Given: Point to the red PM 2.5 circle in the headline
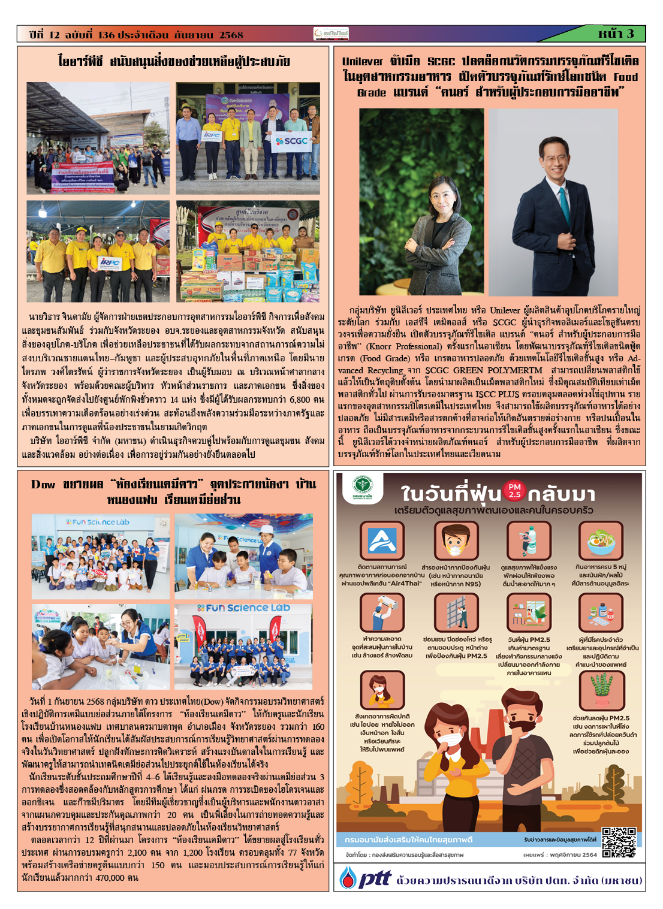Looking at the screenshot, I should pos(514,491).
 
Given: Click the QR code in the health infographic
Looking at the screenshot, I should pos(618,842).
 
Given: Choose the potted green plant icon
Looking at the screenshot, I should pos(600,690).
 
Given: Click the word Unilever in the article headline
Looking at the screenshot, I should pos(362,61).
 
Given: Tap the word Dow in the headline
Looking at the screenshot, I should pos(43,484).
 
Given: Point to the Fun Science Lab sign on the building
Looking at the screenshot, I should pos(243,608).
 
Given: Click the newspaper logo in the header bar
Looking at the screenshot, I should pos(331,34).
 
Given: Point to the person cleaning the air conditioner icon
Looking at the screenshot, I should pos(382,612).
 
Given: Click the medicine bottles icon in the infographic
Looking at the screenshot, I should pos(600,612).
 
